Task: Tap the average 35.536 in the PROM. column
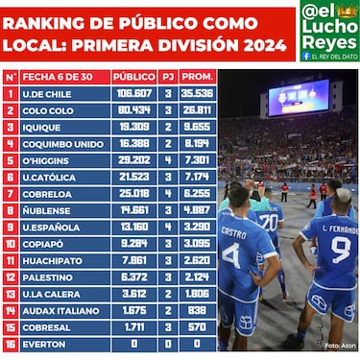pos(197,93)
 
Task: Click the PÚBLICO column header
pos(133,76)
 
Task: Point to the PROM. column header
pos(197,76)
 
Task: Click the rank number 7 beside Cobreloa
pos(11,193)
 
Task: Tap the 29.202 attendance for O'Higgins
pos(133,159)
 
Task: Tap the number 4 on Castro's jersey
pos(231,256)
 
